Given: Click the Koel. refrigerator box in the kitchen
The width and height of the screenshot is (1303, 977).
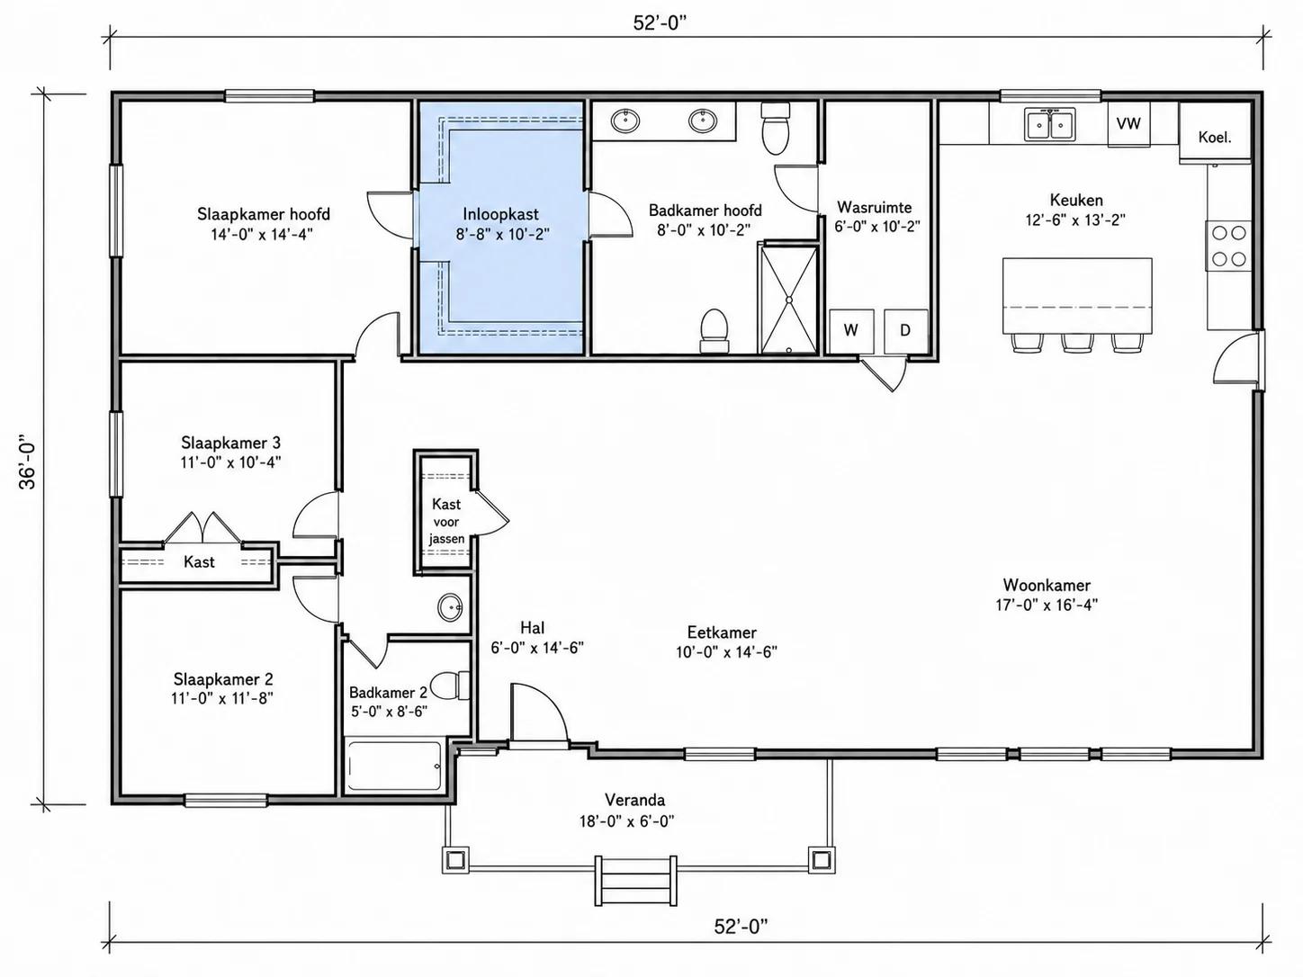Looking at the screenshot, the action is (x=1215, y=131).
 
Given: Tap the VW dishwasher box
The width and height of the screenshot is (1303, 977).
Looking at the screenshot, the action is (x=1128, y=124).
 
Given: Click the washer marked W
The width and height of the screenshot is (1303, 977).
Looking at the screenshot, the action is (x=851, y=331).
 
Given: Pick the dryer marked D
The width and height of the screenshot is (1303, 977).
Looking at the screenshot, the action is (x=906, y=331).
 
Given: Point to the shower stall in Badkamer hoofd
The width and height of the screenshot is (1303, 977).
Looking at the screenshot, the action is (x=789, y=299).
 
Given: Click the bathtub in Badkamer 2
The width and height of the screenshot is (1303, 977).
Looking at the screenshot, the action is (x=393, y=765).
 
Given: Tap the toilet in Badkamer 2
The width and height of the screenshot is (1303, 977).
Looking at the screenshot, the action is (x=449, y=686).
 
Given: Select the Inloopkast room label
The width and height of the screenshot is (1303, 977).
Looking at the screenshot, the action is (x=501, y=213).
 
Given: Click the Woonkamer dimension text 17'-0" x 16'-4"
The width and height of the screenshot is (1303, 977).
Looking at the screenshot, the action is (x=1047, y=605).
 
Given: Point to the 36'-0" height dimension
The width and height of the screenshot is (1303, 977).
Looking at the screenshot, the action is (x=28, y=466).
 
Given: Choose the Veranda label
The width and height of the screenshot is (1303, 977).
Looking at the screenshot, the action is (x=634, y=800).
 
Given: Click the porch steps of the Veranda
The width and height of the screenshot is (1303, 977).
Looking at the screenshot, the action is (x=635, y=881).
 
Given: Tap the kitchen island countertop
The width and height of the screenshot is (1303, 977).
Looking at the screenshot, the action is (x=1077, y=295).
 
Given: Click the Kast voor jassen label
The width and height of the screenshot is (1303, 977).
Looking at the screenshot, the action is (x=446, y=522).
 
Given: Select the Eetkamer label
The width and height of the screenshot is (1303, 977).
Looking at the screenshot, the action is (x=722, y=632).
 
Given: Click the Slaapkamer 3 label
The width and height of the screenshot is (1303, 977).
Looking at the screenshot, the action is (x=231, y=443).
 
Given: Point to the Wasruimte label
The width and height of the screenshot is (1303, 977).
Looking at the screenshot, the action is (x=875, y=207).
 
